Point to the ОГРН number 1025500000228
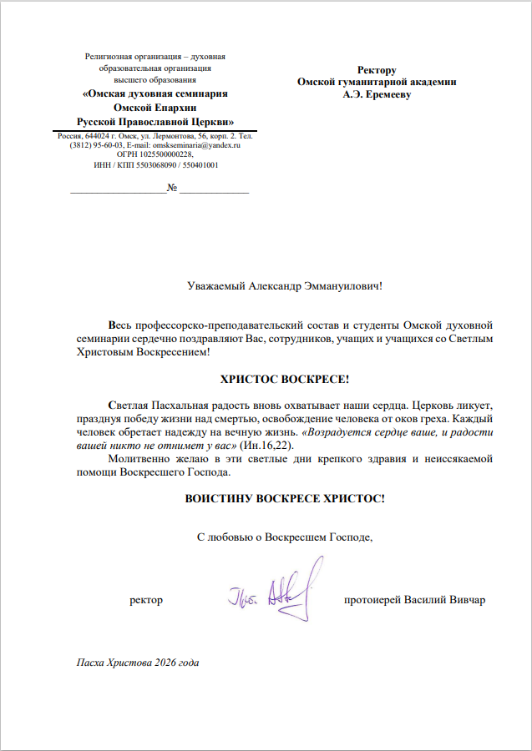pyautogui.click(x=165, y=154)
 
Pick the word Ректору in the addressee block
pyautogui.click(x=376, y=71)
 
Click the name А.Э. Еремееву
pyautogui.click(x=376, y=94)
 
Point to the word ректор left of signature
pyautogui.click(x=146, y=600)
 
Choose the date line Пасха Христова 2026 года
pyautogui.click(x=138, y=663)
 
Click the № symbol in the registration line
pyautogui.click(x=173, y=187)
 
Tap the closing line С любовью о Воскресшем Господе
pyautogui.click(x=284, y=537)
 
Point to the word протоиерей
pyautogui.click(x=372, y=600)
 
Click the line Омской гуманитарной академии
pyautogui.click(x=377, y=83)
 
